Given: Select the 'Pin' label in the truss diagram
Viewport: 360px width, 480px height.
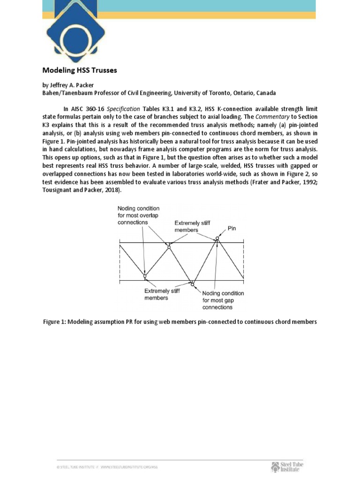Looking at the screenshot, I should (232, 228).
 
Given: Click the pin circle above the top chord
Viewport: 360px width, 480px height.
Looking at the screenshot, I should (217, 239).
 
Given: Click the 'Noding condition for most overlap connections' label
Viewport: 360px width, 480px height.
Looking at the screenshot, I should (138, 215).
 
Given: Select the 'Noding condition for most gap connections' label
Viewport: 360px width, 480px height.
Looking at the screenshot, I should (223, 300).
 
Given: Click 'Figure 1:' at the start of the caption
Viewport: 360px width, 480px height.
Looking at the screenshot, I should (55, 322).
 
